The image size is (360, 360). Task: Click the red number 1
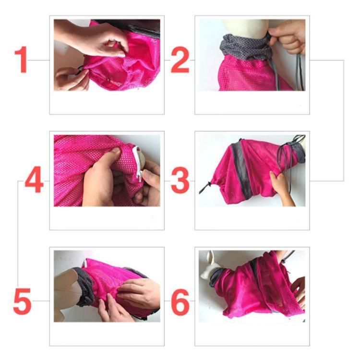pyautogui.click(x=21, y=60)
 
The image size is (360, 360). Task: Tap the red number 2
pyautogui.click(x=180, y=60)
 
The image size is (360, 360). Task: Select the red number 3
pyautogui.click(x=180, y=180)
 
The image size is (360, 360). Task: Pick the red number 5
pyautogui.click(x=22, y=301)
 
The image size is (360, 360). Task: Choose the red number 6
pyautogui.click(x=180, y=302)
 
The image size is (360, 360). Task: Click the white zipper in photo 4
pyautogui.click(x=138, y=164)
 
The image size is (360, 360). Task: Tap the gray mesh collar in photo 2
pyautogui.click(x=244, y=48)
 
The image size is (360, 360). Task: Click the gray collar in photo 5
pyautogui.click(x=85, y=287)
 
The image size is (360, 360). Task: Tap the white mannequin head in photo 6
pyautogui.click(x=210, y=264)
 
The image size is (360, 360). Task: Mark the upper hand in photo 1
pyautogui.click(x=92, y=38)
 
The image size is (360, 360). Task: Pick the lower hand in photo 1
pyautogui.click(x=71, y=79)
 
